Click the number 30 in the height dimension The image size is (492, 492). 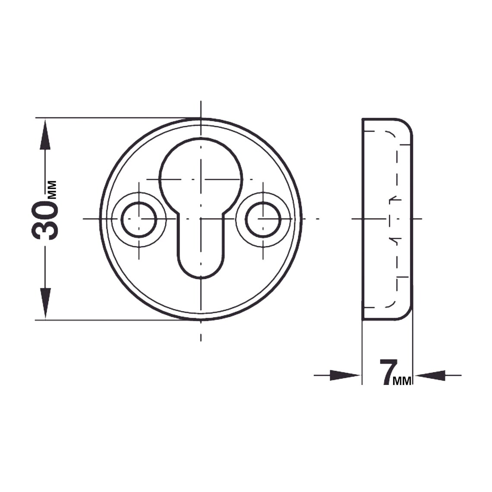(45, 221)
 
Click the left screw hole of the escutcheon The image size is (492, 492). (139, 219)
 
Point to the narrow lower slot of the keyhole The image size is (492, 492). (201, 250)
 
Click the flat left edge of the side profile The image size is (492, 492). (363, 219)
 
